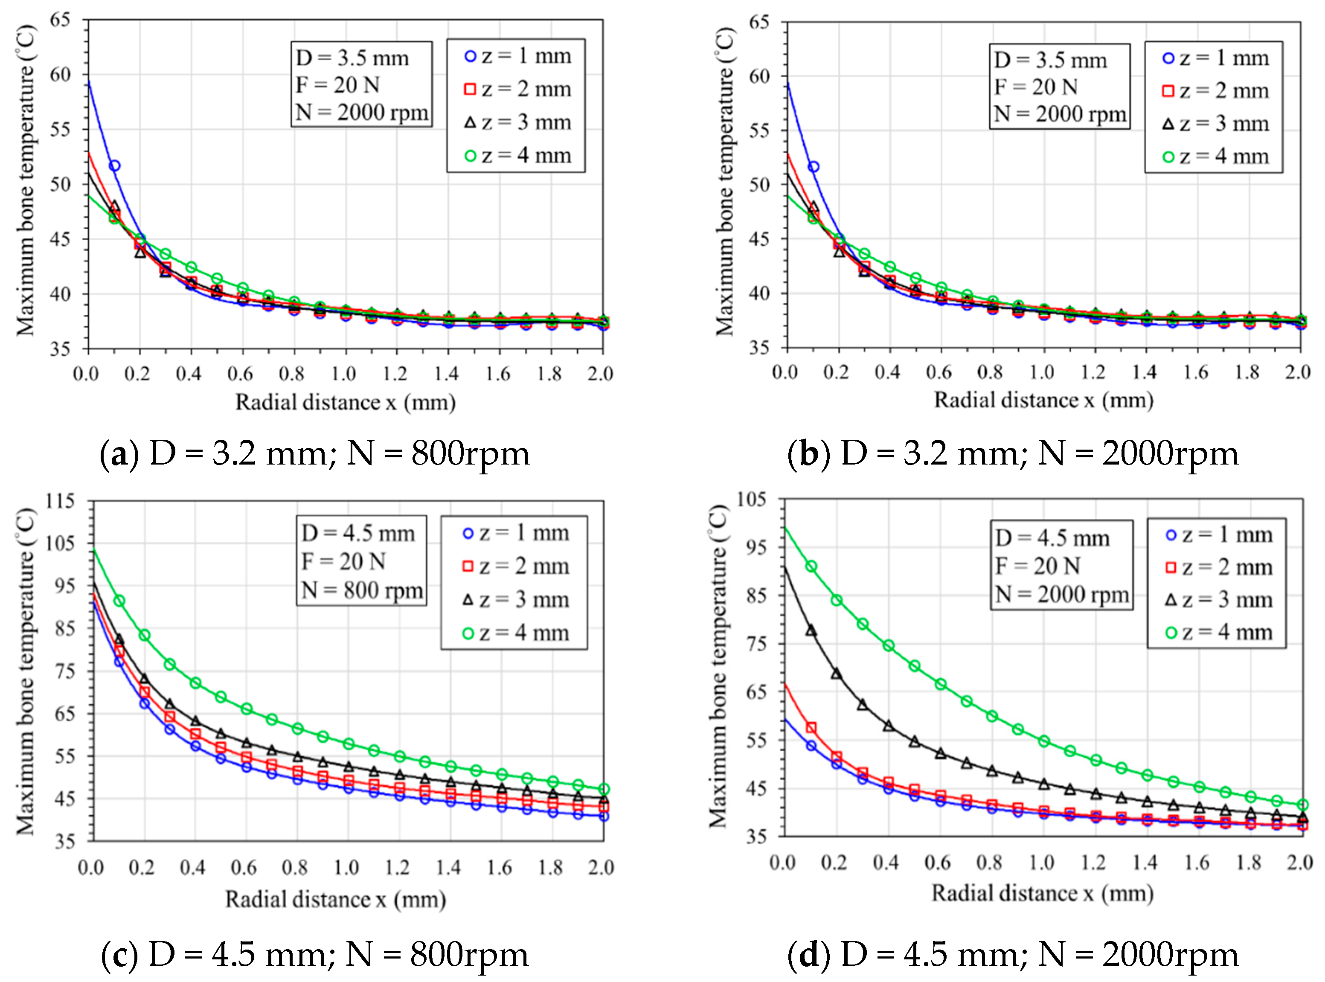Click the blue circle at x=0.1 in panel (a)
tap(114, 166)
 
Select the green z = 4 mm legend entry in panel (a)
tap(517, 156)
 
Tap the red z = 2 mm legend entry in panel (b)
tap(1216, 91)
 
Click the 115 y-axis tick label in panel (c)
tap(60, 501)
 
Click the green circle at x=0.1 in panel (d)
tap(811, 567)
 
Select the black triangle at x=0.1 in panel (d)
tap(811, 630)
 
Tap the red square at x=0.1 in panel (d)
tap(811, 728)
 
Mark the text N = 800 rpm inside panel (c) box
tap(361, 591)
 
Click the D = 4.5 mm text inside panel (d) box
tap(1052, 538)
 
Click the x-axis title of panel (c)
tap(335, 899)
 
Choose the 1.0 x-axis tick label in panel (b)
tap(1041, 373)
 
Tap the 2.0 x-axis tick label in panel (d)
tap(1299, 862)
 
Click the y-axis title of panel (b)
tap(725, 182)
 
